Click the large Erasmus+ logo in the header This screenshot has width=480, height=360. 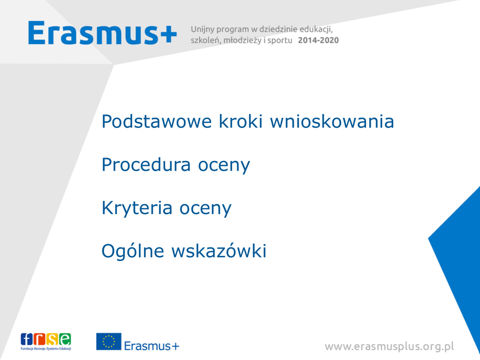[x=103, y=33]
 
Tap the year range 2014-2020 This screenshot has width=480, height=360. [x=318, y=40]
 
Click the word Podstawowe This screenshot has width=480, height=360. [x=157, y=121]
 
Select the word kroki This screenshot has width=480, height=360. [x=240, y=121]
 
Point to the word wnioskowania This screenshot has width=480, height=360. [x=332, y=121]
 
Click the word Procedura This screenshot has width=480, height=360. [x=146, y=165]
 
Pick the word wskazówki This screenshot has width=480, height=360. [x=219, y=251]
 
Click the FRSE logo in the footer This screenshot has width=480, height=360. [x=46, y=342]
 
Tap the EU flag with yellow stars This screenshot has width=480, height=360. [x=109, y=342]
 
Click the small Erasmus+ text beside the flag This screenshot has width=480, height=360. [x=151, y=346]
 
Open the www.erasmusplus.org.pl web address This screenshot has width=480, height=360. [x=390, y=346]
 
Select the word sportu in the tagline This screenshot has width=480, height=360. [x=280, y=41]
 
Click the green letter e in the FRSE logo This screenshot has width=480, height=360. [x=65, y=339]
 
